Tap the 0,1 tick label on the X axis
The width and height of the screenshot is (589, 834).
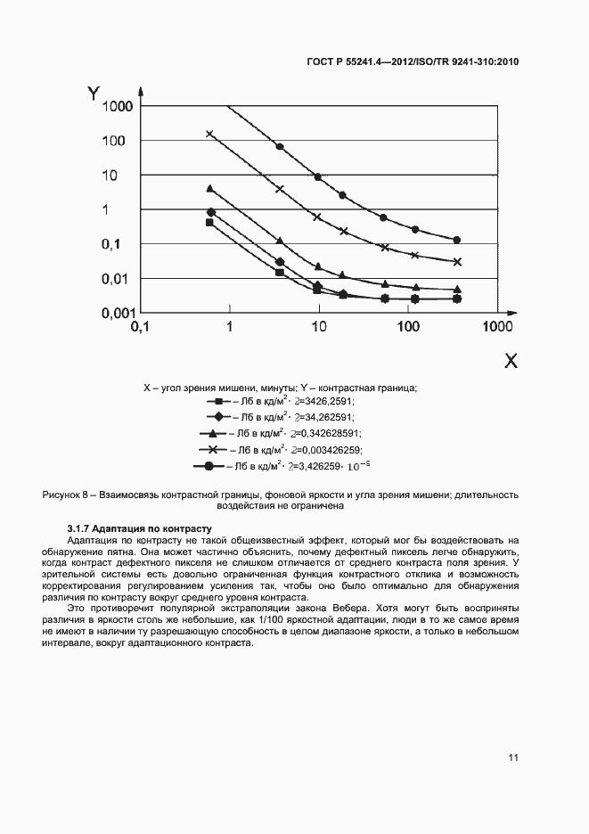[x=142, y=328]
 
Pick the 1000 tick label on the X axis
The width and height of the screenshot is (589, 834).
[x=495, y=328]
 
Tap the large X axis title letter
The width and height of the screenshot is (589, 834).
[x=511, y=361]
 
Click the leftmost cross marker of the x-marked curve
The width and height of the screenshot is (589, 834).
[x=210, y=135]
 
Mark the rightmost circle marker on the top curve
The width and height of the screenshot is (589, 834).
[x=456, y=240]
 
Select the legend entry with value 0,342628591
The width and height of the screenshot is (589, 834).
[x=294, y=434]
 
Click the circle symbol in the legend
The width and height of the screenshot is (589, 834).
[x=209, y=466]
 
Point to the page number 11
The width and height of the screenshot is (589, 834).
[x=513, y=757]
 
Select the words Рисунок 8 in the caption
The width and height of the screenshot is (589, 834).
[x=65, y=495]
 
